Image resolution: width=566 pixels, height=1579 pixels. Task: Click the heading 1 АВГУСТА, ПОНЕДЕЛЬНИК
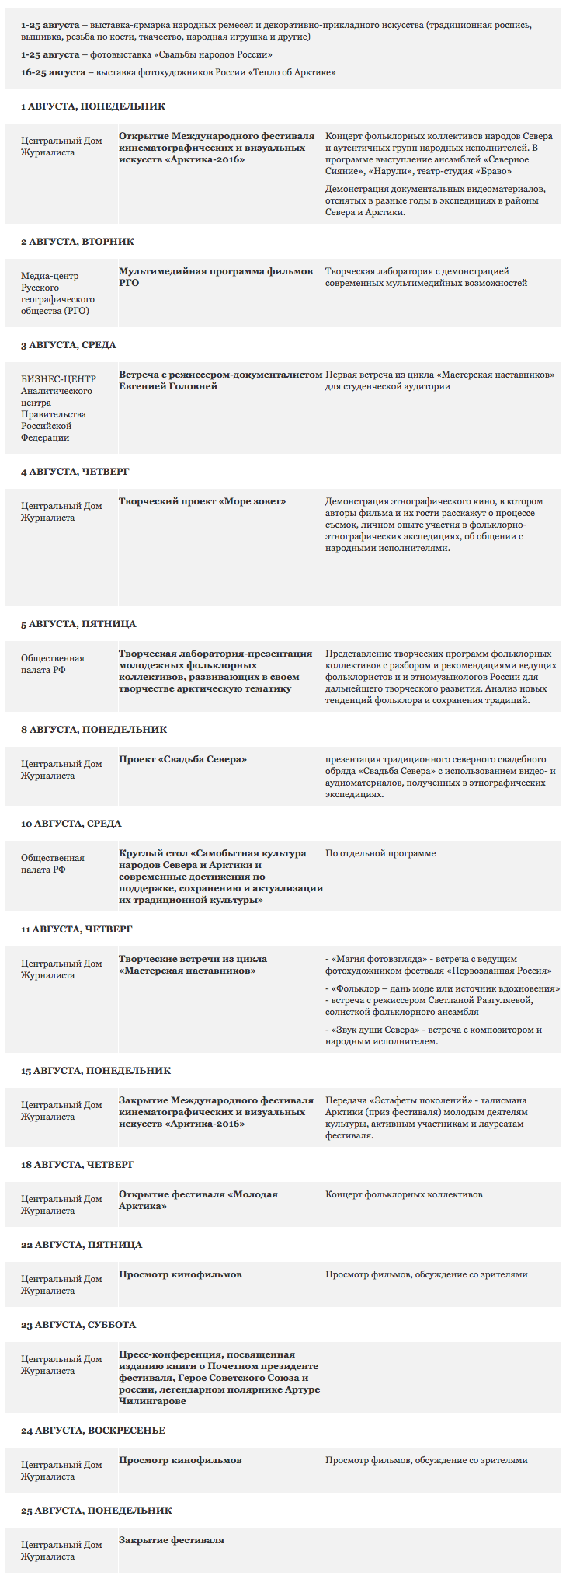click(x=93, y=106)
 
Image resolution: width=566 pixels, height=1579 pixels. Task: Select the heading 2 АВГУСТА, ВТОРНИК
click(x=78, y=242)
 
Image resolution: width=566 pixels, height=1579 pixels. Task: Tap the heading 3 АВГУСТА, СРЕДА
click(x=68, y=345)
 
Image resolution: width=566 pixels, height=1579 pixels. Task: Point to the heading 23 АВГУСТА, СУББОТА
click(x=78, y=1325)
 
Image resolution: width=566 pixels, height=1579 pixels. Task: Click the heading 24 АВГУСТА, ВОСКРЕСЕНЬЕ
click(x=93, y=1431)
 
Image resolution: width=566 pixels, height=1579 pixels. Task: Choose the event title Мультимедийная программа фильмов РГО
click(x=216, y=277)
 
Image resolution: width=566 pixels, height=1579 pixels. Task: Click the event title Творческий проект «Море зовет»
click(x=202, y=501)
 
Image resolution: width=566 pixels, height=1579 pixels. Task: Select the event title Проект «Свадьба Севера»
click(x=182, y=759)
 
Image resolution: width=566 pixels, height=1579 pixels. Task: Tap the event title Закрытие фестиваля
click(x=171, y=1540)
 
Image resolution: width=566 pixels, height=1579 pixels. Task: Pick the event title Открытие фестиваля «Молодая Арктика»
click(x=198, y=1200)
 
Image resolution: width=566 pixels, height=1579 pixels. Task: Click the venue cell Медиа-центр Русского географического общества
click(x=58, y=293)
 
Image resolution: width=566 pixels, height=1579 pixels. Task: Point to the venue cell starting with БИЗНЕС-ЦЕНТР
click(x=58, y=408)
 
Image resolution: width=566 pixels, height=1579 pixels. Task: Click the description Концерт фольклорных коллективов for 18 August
click(x=404, y=1194)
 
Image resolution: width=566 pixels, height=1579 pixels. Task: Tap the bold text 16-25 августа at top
click(x=53, y=72)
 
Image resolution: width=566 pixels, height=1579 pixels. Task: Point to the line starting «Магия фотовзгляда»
click(x=439, y=964)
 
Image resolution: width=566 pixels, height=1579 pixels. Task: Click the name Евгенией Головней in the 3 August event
click(x=168, y=386)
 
